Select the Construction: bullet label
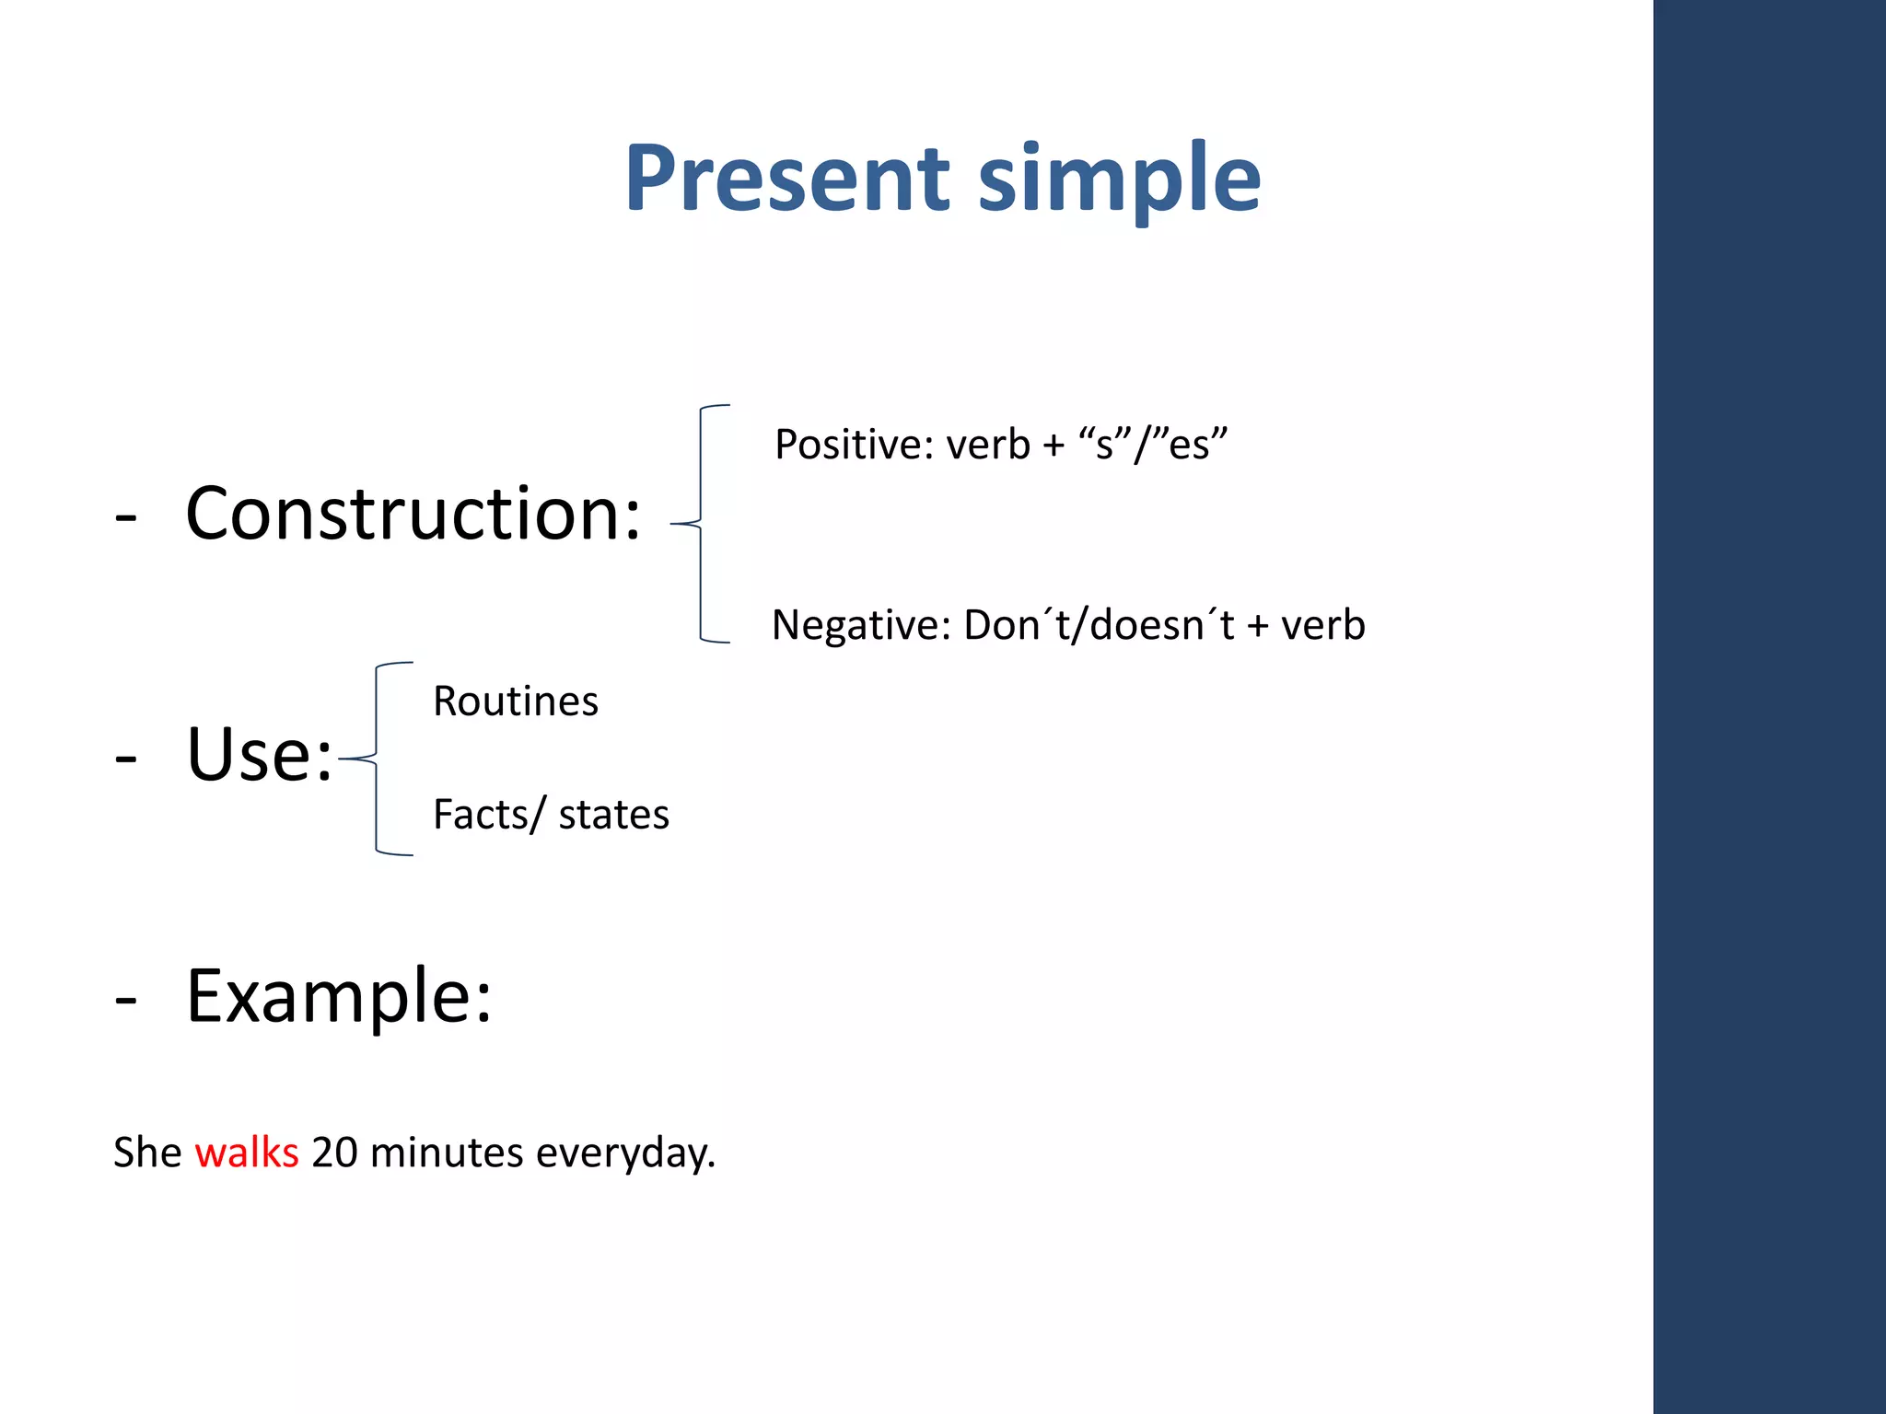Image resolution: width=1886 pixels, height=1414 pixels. click(x=413, y=514)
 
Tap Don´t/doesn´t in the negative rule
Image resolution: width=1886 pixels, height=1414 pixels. click(x=1099, y=625)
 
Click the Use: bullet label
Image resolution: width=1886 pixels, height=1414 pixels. click(x=259, y=755)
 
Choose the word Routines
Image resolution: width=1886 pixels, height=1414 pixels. click(x=516, y=701)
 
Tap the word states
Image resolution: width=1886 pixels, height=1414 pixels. click(x=613, y=815)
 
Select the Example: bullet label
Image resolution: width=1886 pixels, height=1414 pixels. click(x=339, y=996)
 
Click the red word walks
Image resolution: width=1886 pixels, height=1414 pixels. click(x=247, y=1153)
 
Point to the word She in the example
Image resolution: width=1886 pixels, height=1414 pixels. click(x=147, y=1153)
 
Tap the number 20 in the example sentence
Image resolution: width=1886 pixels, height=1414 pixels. click(x=334, y=1153)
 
